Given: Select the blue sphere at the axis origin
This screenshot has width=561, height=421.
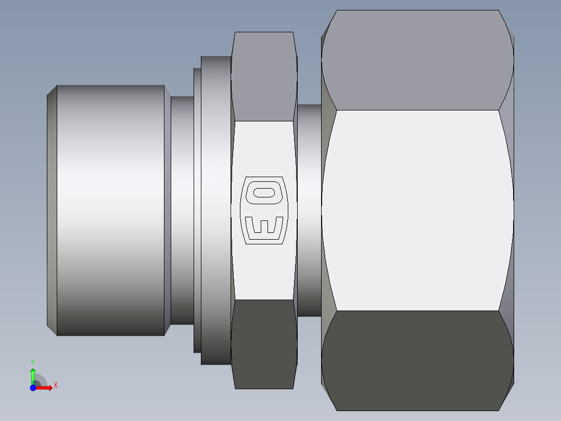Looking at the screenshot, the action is tap(33, 388).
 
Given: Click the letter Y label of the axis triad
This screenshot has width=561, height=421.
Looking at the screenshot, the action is tap(33, 362).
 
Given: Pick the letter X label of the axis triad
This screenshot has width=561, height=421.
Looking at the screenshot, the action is tap(56, 386).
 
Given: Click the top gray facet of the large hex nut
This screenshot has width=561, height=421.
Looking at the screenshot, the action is tap(417, 60).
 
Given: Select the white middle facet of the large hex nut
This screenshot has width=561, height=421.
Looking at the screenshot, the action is tap(417, 210).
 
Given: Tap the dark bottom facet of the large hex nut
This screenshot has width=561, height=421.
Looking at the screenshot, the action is tap(417, 361).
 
